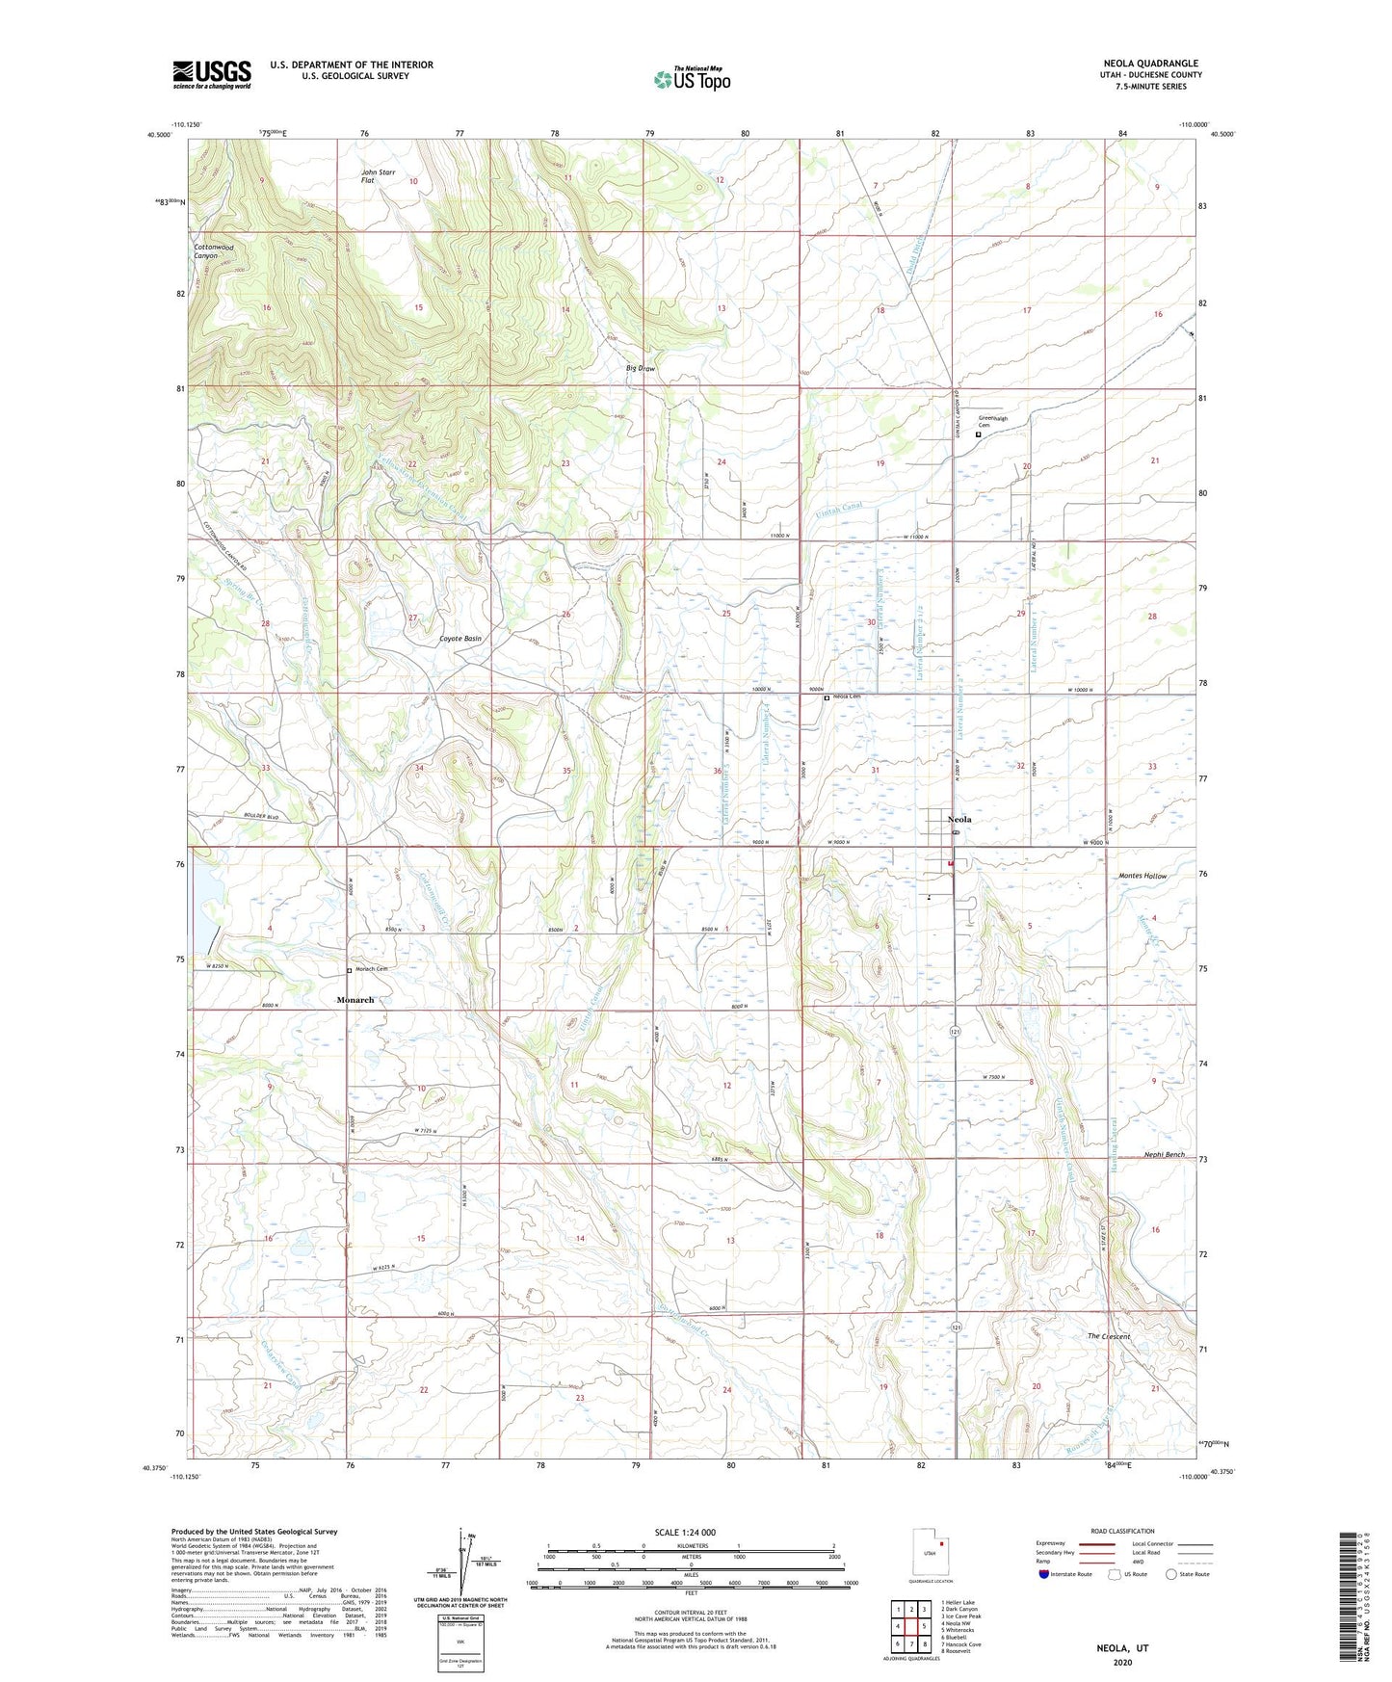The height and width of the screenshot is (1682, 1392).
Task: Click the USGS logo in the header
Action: point(211,74)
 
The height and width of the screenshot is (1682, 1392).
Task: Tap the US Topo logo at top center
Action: point(692,79)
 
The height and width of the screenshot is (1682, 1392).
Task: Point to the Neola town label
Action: point(959,820)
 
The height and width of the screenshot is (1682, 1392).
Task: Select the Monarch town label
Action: point(355,1000)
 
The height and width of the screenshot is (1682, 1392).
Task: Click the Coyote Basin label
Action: point(460,639)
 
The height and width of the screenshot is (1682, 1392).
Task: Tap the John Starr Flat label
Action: point(378,175)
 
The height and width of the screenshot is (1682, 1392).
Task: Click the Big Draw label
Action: point(640,368)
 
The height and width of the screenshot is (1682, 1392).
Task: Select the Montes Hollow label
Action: point(1142,876)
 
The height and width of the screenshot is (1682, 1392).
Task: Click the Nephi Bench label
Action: point(1164,1154)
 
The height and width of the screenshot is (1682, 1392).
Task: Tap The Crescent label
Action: point(1108,1336)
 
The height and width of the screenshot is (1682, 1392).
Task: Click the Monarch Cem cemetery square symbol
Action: point(349,970)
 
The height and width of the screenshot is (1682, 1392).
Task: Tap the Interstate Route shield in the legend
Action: point(1043,1575)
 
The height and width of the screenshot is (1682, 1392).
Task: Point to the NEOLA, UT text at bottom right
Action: point(1122,1648)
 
